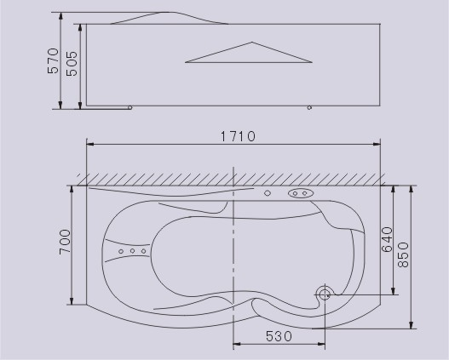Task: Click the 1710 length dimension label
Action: pyautogui.click(x=238, y=136)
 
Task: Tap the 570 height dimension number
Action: pyautogui.click(x=54, y=61)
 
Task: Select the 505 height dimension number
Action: pyautogui.click(x=72, y=64)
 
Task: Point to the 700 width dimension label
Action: pyautogui.click(x=65, y=242)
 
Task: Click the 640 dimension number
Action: pyautogui.click(x=387, y=239)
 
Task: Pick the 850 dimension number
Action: pyautogui.click(x=404, y=254)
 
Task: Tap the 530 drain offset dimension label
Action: pyautogui.click(x=279, y=336)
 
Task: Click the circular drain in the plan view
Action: pyautogui.click(x=325, y=294)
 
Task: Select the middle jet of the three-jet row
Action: pyautogui.click(x=132, y=251)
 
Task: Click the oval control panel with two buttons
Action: pyautogui.click(x=301, y=193)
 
